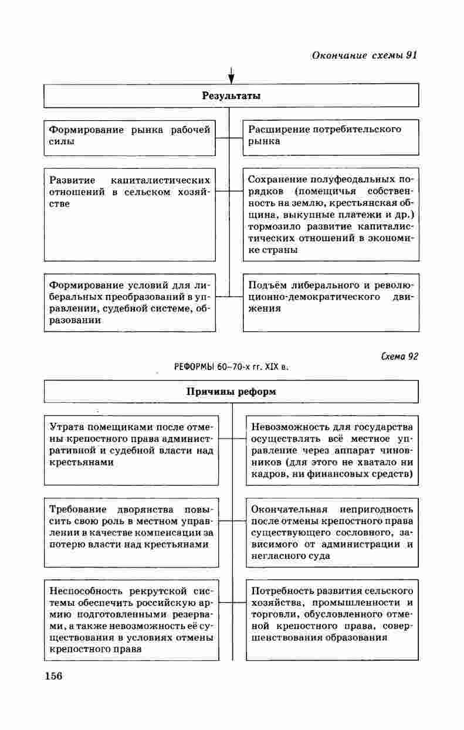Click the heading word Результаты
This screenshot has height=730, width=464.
pos(231,96)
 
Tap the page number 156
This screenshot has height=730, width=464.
pos(53,675)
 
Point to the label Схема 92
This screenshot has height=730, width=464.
pos(399,356)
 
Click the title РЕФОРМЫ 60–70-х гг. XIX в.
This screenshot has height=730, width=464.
pos(232,367)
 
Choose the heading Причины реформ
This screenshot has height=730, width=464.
pos(231,392)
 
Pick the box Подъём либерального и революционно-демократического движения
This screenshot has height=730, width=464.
pos(331,297)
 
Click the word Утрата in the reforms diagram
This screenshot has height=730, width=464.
pos(66,426)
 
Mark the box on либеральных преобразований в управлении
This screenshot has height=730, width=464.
pos(130,303)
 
